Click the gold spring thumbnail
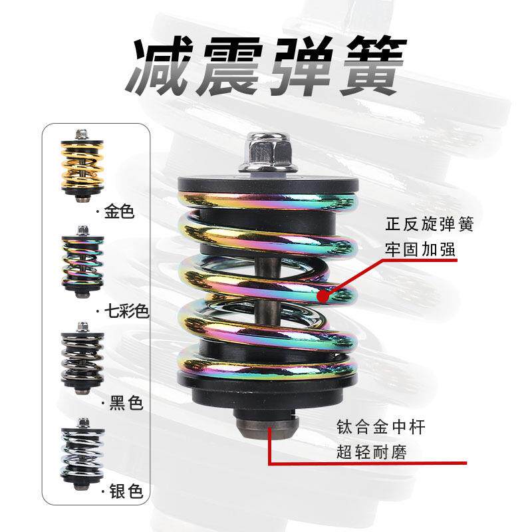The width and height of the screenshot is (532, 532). click(x=82, y=166)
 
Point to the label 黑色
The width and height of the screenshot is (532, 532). click(x=124, y=403)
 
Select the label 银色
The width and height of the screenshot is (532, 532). click(x=124, y=493)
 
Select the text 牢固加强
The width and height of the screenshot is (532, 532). click(x=411, y=249)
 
